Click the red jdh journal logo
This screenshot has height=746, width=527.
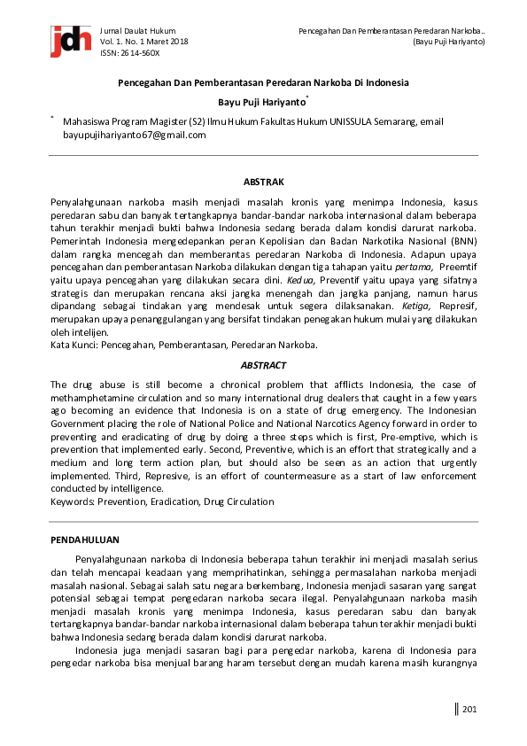70,40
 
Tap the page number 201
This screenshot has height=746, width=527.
469,708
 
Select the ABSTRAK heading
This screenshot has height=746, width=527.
263,182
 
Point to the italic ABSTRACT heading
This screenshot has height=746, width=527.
263,364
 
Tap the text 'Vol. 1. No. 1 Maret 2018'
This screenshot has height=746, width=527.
144,42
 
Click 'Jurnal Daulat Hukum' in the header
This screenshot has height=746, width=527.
138,30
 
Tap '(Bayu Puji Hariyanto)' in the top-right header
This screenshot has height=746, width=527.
449,42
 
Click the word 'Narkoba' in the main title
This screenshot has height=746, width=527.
335,82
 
